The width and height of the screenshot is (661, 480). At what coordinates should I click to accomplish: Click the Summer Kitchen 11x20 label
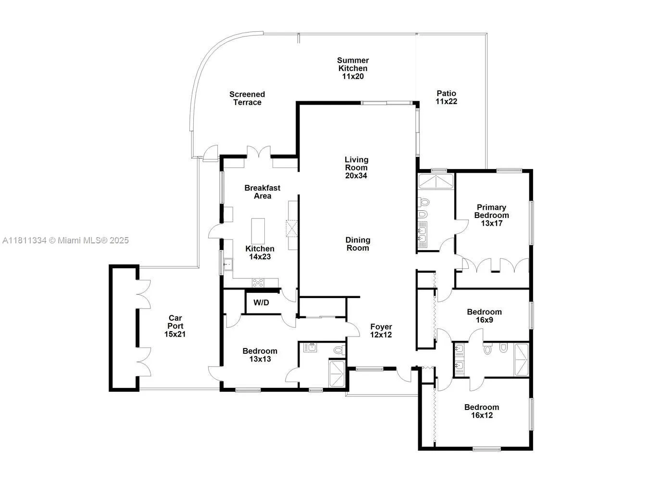click(x=353, y=68)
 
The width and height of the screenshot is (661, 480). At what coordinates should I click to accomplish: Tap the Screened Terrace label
click(x=247, y=98)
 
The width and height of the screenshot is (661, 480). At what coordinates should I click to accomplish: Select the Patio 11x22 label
click(x=446, y=97)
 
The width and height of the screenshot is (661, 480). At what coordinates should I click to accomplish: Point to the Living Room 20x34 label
click(x=356, y=168)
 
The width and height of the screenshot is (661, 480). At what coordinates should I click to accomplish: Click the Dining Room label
click(x=358, y=244)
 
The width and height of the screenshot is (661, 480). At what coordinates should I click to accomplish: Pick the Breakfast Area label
click(x=262, y=192)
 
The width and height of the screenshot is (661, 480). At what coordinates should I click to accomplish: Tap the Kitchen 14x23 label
click(x=260, y=252)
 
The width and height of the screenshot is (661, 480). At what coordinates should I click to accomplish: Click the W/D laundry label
click(x=261, y=303)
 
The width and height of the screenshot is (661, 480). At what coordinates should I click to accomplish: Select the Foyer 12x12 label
click(x=381, y=331)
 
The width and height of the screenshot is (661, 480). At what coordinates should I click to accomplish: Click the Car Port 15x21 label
click(x=175, y=326)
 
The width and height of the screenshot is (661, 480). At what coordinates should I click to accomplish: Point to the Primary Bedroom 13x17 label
click(x=491, y=215)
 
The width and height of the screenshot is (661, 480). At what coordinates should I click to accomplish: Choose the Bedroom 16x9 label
click(x=484, y=316)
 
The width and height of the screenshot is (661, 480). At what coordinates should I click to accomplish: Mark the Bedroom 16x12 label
click(x=481, y=411)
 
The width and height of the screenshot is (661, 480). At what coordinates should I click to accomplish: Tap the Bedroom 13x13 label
click(x=260, y=355)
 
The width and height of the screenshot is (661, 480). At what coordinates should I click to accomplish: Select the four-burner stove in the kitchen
click(x=258, y=283)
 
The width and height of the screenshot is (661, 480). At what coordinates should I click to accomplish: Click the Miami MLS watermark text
click(x=65, y=240)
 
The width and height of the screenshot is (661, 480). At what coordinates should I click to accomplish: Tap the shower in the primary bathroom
click(x=436, y=182)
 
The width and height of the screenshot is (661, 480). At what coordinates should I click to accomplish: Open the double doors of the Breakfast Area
click(x=260, y=153)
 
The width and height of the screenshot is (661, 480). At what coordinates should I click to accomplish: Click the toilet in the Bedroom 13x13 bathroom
click(x=339, y=350)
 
